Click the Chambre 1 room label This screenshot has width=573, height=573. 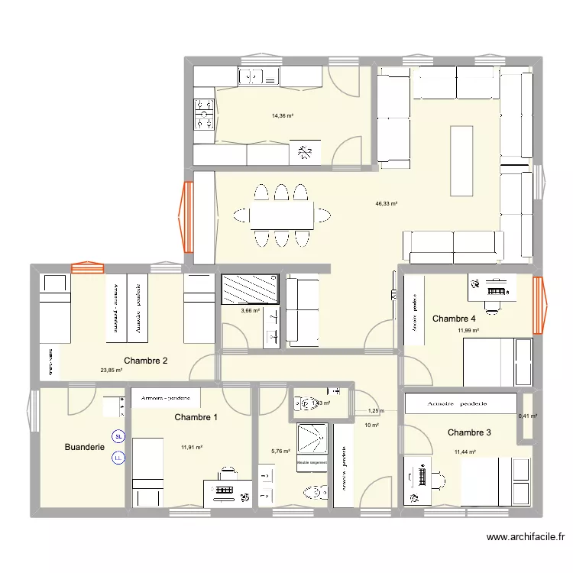pyautogui.click(x=196, y=417)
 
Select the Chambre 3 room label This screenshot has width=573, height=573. pyautogui.click(x=469, y=432)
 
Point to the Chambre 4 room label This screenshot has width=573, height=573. pyautogui.click(x=454, y=318)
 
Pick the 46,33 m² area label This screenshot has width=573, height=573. pyautogui.click(x=386, y=204)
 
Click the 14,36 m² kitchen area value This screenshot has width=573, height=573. pyautogui.click(x=283, y=116)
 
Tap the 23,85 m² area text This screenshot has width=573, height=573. pyautogui.click(x=112, y=371)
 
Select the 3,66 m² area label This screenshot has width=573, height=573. pyautogui.click(x=250, y=310)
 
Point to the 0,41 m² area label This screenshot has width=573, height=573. pyautogui.click(x=528, y=416)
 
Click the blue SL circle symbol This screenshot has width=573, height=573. pyautogui.click(x=118, y=437)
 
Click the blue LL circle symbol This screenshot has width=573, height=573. pyautogui.click(x=118, y=458)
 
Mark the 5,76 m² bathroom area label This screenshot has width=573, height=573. pyautogui.click(x=281, y=452)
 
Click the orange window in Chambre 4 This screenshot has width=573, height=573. pyautogui.click(x=540, y=305)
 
